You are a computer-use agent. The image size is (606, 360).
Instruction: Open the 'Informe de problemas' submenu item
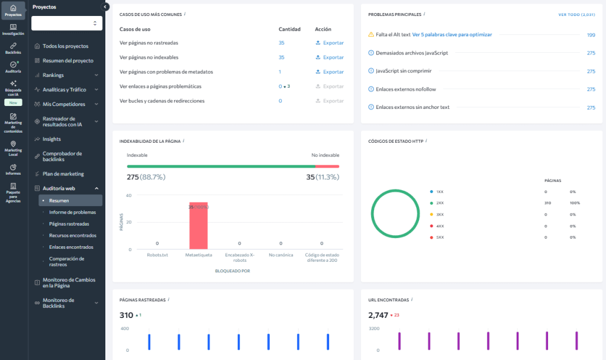pyautogui.click(x=72, y=212)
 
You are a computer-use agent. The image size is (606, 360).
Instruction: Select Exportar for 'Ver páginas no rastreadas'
pyautogui.click(x=330, y=43)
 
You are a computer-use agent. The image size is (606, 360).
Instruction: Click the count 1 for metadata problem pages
pyautogui.click(x=280, y=72)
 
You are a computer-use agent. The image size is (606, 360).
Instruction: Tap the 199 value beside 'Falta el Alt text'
pyautogui.click(x=591, y=35)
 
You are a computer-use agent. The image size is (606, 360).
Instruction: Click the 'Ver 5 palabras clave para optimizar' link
pyautogui.click(x=452, y=35)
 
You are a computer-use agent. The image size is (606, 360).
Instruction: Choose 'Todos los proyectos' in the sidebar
pyautogui.click(x=65, y=46)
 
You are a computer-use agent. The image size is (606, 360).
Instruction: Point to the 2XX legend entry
pyautogui.click(x=440, y=203)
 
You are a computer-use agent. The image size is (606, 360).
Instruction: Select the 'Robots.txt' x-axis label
pyautogui.click(x=157, y=255)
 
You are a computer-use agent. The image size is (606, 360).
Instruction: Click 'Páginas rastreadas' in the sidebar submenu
pyautogui.click(x=69, y=224)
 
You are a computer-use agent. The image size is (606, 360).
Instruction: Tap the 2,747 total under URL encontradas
pyautogui.click(x=377, y=315)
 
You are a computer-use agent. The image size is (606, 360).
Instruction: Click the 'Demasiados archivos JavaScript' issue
pyautogui.click(x=412, y=53)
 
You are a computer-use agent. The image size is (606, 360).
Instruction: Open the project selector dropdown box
pyautogui.click(x=67, y=23)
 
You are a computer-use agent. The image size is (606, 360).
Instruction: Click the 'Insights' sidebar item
pyautogui.click(x=51, y=139)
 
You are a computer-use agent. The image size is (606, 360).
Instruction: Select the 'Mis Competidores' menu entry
pyautogui.click(x=64, y=104)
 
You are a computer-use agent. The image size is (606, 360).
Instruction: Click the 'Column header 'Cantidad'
pyautogui.click(x=289, y=29)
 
